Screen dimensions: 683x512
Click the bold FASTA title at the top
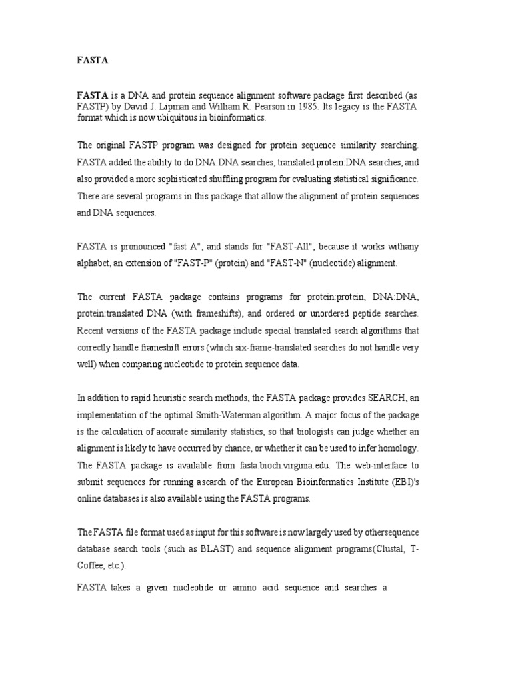coord(93,61)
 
